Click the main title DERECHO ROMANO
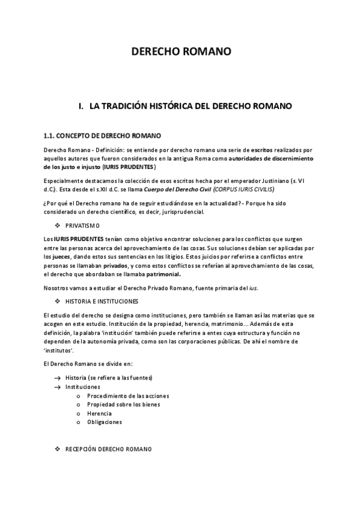(181, 52)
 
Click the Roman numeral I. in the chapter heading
(82, 106)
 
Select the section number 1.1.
(50, 135)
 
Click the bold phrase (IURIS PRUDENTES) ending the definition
(129, 166)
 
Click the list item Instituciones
(83, 387)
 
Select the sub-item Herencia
(99, 413)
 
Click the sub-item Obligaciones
(105, 422)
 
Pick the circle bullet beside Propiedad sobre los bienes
(79, 405)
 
